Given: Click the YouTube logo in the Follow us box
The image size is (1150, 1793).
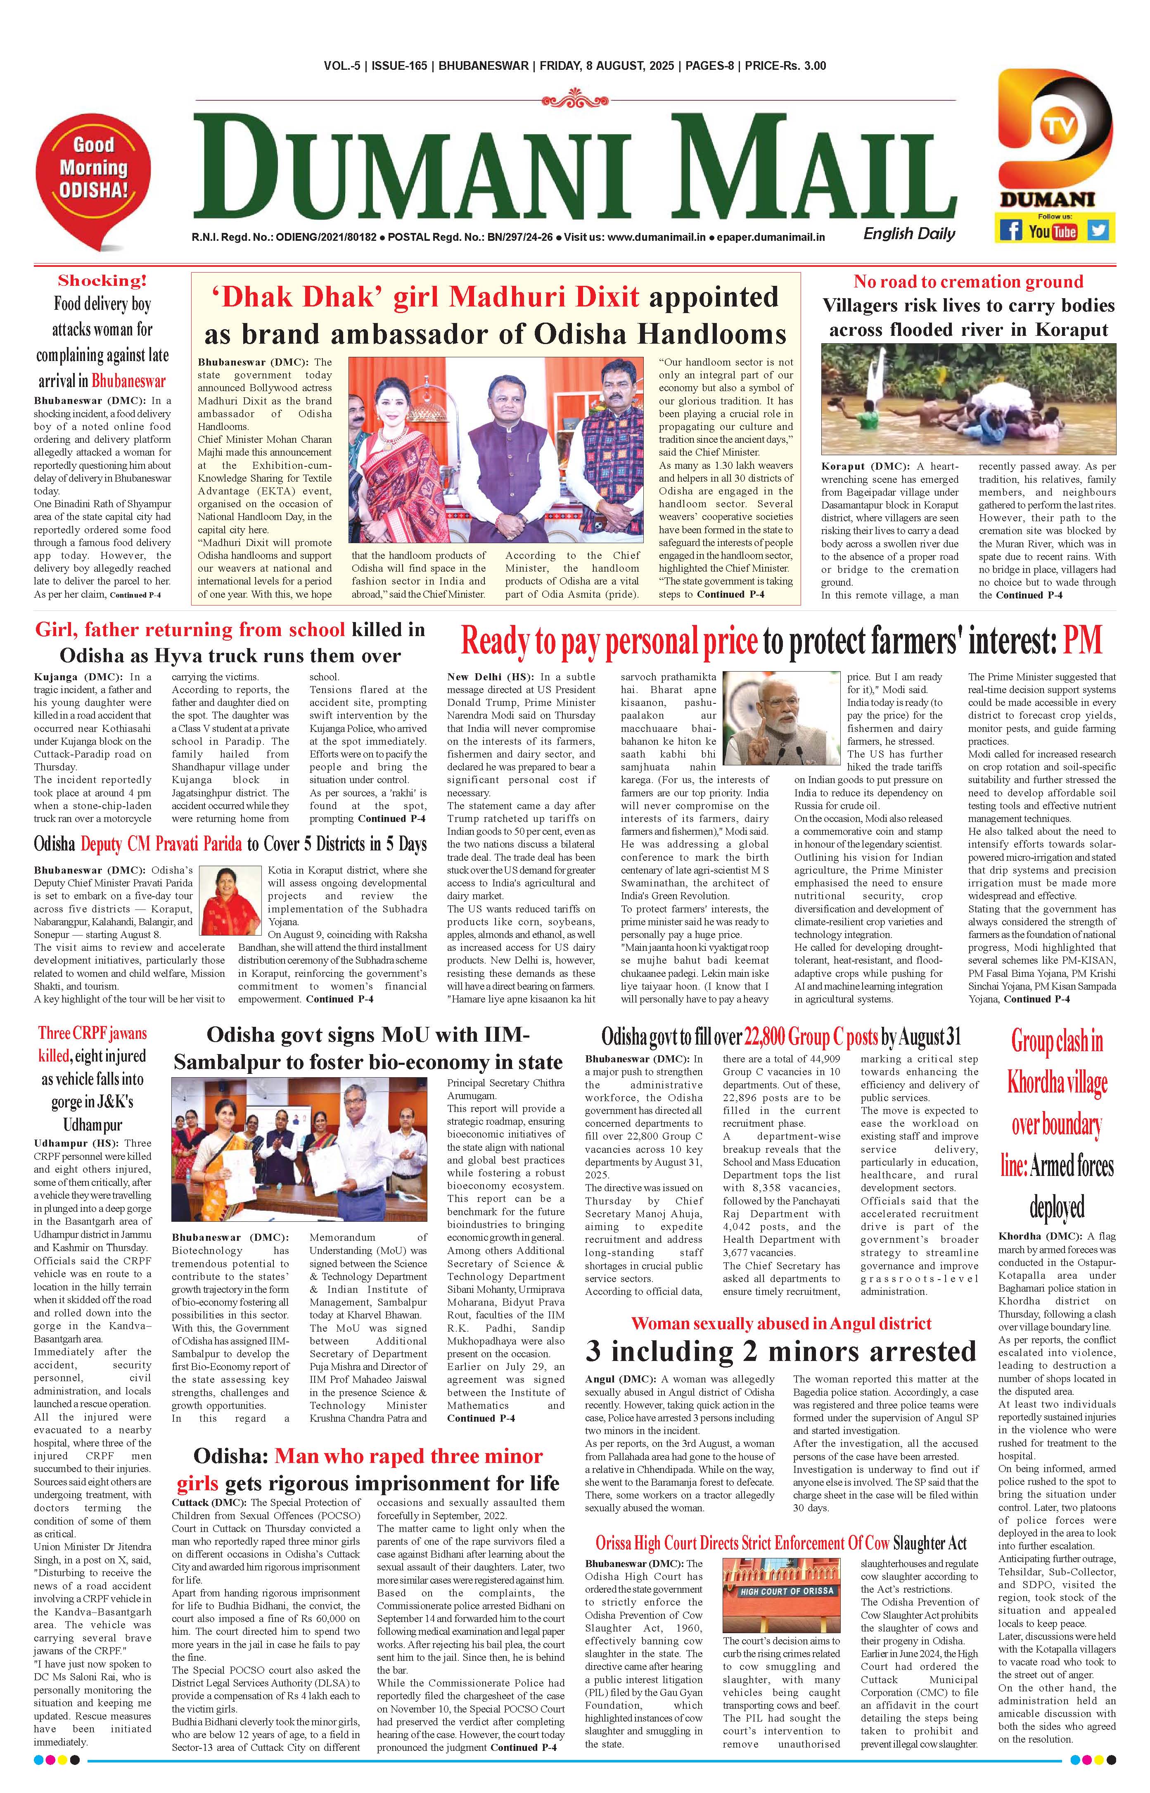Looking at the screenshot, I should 1053,231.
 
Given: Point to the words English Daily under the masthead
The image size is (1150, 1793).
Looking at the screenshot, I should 909,234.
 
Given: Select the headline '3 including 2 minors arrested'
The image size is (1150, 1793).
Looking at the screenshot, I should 780,1351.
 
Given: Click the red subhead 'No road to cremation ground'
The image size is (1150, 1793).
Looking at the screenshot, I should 968,282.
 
